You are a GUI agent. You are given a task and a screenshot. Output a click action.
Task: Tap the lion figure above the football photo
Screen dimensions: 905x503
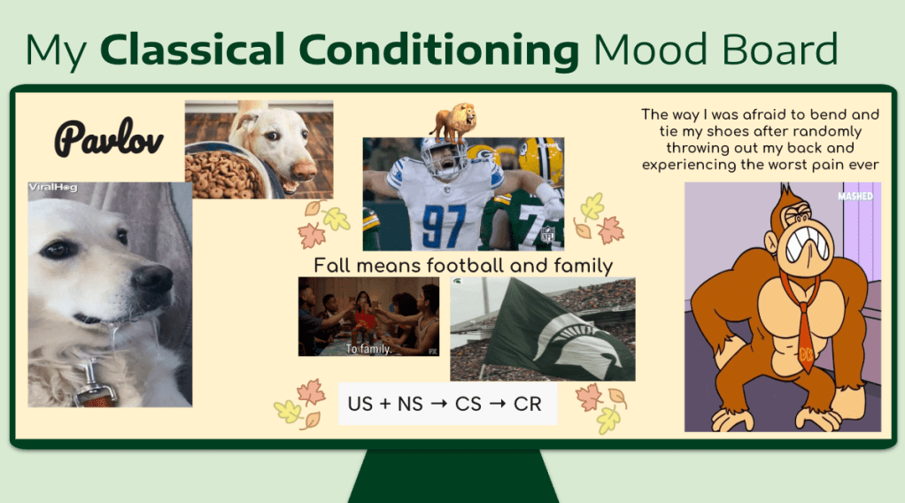click(453, 122)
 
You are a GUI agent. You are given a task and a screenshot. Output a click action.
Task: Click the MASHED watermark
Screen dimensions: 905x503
click(855, 197)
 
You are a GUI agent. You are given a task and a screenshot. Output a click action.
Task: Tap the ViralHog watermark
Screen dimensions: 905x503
click(53, 187)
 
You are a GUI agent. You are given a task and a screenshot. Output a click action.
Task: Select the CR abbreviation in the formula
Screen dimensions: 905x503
click(528, 404)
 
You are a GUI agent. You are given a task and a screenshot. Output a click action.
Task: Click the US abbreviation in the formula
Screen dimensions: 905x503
click(360, 404)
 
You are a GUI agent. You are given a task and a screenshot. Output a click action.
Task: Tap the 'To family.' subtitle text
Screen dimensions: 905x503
click(368, 349)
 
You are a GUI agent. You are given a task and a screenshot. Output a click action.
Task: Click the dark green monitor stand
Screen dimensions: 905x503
click(453, 476)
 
